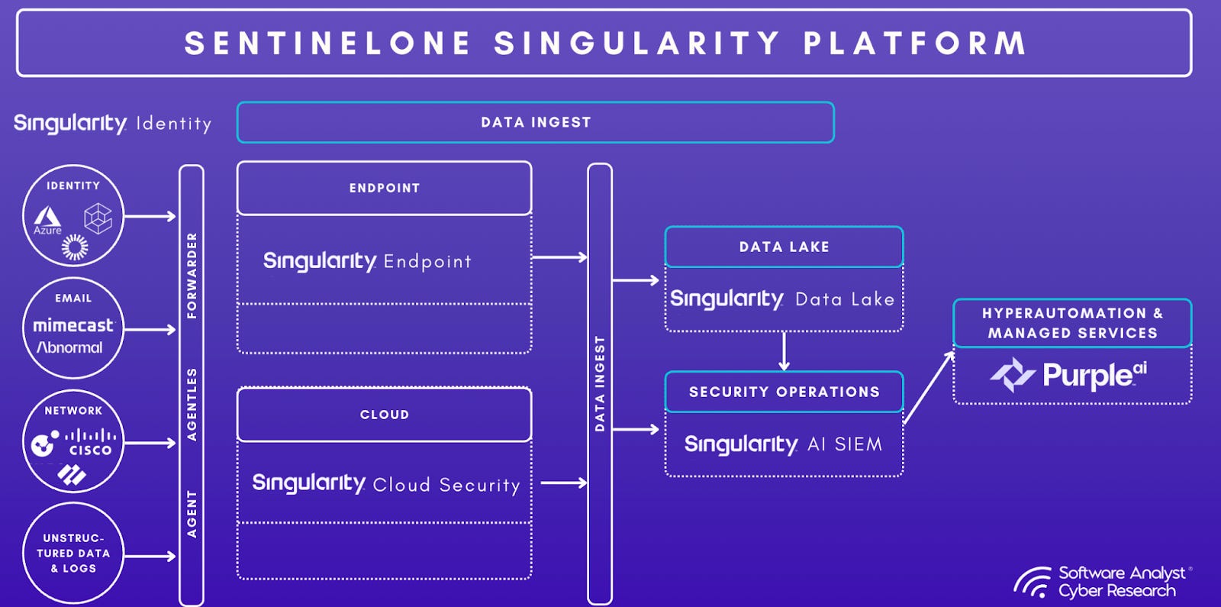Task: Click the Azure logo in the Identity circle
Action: tap(47, 219)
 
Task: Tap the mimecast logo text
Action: tap(72, 325)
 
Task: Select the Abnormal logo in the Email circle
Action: tap(69, 347)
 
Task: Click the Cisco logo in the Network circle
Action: tap(91, 442)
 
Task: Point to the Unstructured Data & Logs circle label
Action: tap(73, 553)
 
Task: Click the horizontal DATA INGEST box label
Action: tap(535, 122)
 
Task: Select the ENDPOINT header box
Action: tap(384, 188)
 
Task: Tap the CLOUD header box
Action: tap(384, 415)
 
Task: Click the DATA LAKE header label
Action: tap(784, 247)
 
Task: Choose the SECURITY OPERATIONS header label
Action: tap(784, 392)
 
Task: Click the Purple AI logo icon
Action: tap(1012, 374)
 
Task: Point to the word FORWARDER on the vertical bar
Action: tap(192, 275)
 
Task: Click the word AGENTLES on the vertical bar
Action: tap(192, 404)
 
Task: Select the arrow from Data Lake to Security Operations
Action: tap(784, 351)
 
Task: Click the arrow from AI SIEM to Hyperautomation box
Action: tap(929, 387)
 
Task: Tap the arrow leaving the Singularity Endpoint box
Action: tap(559, 257)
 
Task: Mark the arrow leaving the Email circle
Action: tap(150, 329)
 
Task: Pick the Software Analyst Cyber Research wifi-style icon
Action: tap(1033, 582)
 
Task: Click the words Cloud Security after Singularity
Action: tap(446, 485)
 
